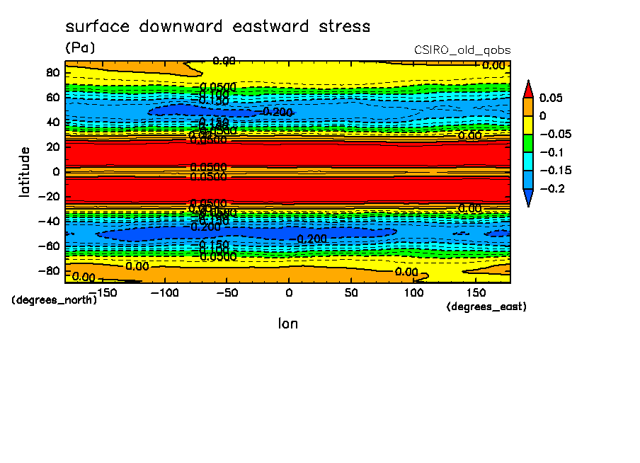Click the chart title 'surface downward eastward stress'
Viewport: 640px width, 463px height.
pyautogui.click(x=217, y=27)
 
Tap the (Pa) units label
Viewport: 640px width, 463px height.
pyautogui.click(x=80, y=47)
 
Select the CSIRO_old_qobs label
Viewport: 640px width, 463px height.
pyautogui.click(x=462, y=50)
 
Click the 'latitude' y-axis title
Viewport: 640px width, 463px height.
pyautogui.click(x=25, y=171)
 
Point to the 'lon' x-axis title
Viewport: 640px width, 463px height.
pyautogui.click(x=287, y=324)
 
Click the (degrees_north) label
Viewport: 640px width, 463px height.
pyautogui.click(x=55, y=299)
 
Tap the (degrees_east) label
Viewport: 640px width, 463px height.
pyautogui.click(x=487, y=307)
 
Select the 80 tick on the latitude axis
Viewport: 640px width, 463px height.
pyautogui.click(x=52, y=72)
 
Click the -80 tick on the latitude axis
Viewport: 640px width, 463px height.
pyautogui.click(x=48, y=270)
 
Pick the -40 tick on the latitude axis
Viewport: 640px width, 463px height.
pyautogui.click(x=48, y=221)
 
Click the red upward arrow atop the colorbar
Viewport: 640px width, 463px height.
pyautogui.click(x=527, y=88)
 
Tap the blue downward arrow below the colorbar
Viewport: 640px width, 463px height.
pyautogui.click(x=527, y=198)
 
